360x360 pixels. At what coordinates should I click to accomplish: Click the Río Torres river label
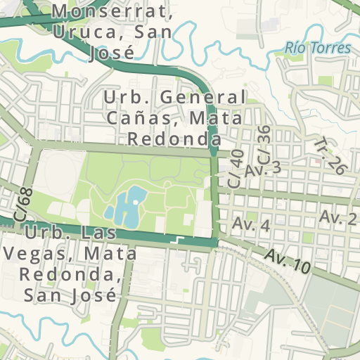click(318, 48)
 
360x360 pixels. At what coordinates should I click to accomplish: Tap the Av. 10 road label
click(288, 262)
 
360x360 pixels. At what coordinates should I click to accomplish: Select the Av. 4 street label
click(252, 225)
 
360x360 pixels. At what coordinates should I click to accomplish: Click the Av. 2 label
click(338, 217)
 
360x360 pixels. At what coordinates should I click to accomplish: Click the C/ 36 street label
click(261, 141)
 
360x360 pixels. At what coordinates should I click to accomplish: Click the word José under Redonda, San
click(91, 294)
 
